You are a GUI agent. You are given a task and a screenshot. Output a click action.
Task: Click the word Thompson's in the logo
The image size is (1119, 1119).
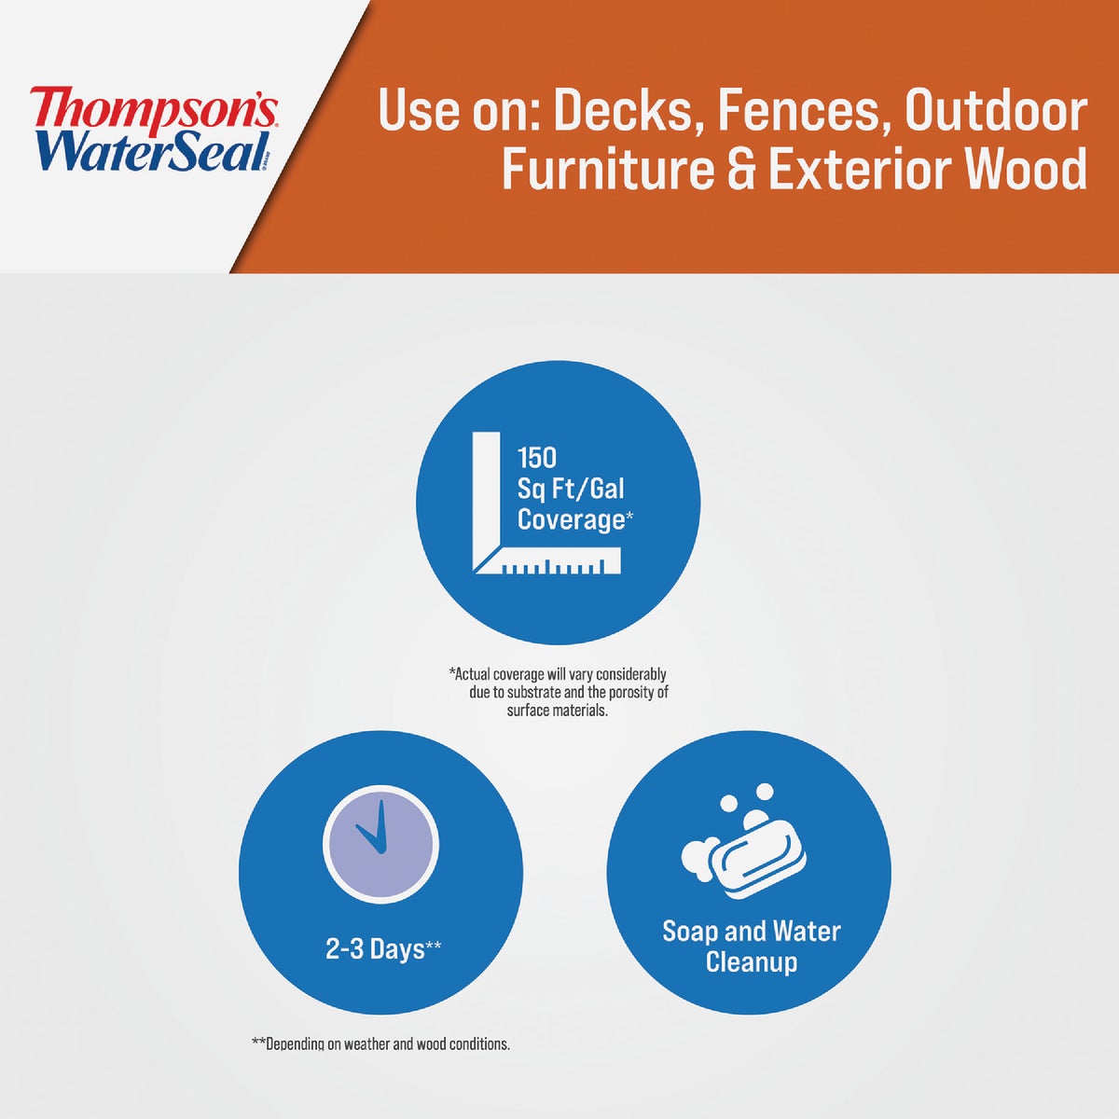point(153,108)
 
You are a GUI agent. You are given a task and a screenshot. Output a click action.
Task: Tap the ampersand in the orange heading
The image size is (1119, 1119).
point(741,170)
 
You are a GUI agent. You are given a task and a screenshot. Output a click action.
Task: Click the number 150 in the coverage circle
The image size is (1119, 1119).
point(537,458)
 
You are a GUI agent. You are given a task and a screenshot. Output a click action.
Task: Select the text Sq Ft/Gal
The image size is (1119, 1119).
point(571,489)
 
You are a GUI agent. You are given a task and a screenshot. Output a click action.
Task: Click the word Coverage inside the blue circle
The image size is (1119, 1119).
point(571,519)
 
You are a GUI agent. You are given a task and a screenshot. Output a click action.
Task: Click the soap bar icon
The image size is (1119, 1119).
point(746,844)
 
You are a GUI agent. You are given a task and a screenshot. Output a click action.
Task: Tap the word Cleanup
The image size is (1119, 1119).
point(752,962)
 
